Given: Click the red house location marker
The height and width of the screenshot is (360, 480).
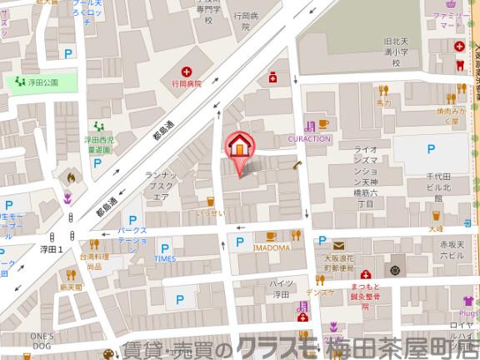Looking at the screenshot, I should point(239,145).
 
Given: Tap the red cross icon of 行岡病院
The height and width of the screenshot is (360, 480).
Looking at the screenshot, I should point(187,72).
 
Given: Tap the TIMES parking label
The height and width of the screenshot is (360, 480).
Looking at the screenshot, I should point(165,259).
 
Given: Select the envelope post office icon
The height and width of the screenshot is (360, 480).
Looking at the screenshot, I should point(340,246).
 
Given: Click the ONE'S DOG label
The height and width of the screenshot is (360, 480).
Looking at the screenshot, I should point(42,339).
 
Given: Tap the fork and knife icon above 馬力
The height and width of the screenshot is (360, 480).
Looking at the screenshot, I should point(383,90).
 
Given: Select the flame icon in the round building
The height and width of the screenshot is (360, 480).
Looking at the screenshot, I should point(71,177).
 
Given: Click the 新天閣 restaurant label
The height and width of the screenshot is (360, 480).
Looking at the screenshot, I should point(71,287).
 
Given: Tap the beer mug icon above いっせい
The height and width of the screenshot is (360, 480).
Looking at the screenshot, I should point(211,202).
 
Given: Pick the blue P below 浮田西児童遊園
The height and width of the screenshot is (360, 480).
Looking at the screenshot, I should point(98,163).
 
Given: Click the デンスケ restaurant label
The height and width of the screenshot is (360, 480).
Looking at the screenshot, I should point(321,292).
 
